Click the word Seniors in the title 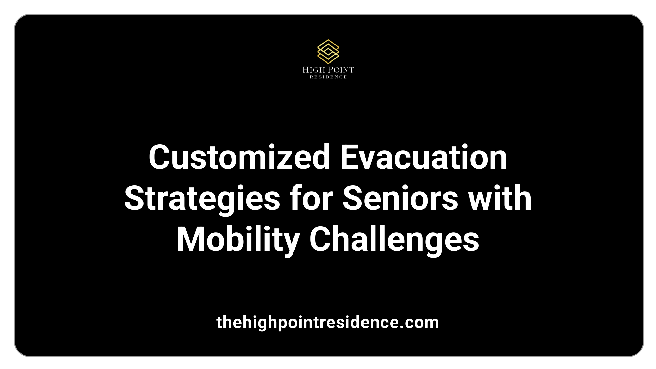pos(400,199)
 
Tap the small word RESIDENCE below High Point pos(328,77)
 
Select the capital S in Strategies pos(135,199)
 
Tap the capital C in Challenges pos(320,240)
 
